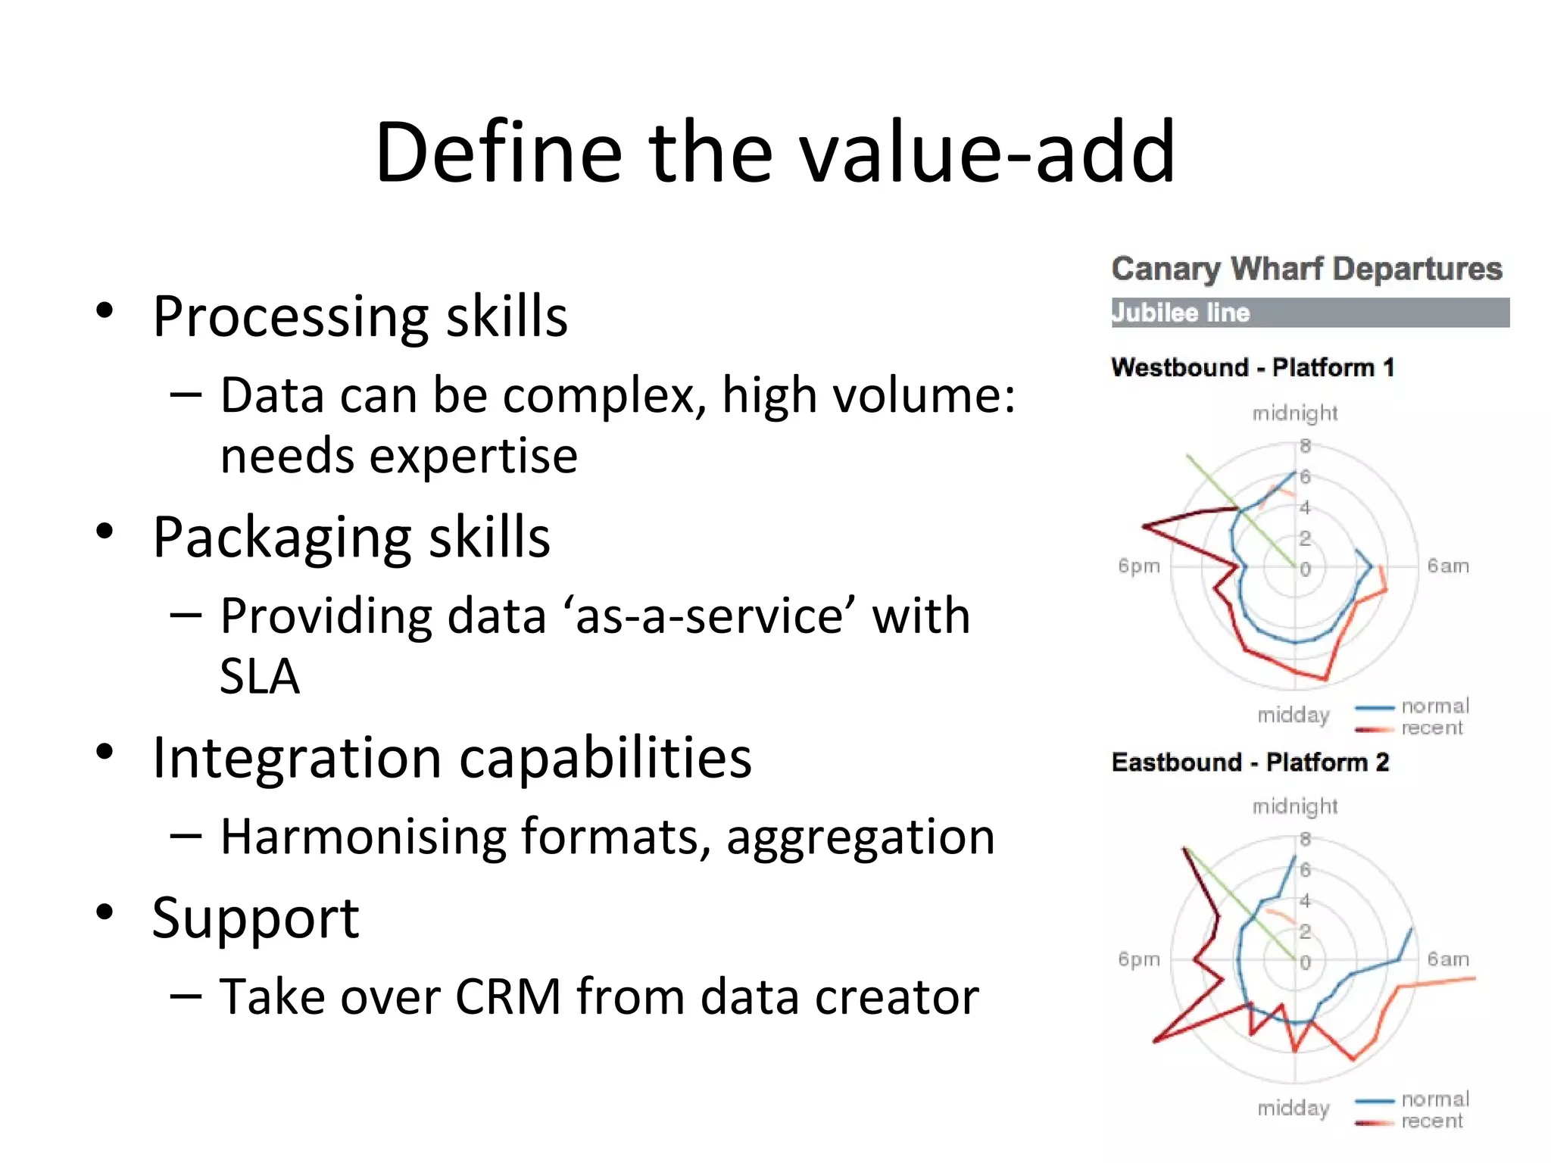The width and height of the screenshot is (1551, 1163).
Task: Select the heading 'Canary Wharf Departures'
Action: [x=1306, y=270]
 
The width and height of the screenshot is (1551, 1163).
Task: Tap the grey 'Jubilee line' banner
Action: [x=1309, y=313]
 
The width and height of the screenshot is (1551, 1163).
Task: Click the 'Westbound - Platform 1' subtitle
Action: [x=1252, y=368]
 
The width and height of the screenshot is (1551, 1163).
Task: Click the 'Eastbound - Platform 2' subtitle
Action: [x=1250, y=762]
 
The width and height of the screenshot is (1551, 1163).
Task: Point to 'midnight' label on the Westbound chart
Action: [x=1294, y=413]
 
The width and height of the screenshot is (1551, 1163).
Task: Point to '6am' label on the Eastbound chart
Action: [x=1447, y=959]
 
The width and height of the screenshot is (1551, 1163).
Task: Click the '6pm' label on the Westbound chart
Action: [x=1138, y=566]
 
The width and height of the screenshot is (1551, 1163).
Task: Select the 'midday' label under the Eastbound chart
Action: [x=1293, y=1108]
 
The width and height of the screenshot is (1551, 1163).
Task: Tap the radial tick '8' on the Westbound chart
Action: [x=1305, y=446]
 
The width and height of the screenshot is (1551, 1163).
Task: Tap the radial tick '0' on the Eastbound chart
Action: [x=1305, y=963]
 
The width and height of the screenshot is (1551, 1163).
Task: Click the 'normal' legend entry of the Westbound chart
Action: [x=1434, y=706]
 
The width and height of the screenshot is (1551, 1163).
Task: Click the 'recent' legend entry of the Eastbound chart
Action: [x=1431, y=1121]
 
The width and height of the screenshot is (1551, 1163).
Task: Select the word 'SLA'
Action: [x=259, y=676]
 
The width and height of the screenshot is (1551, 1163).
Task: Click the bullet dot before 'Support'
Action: [x=105, y=912]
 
